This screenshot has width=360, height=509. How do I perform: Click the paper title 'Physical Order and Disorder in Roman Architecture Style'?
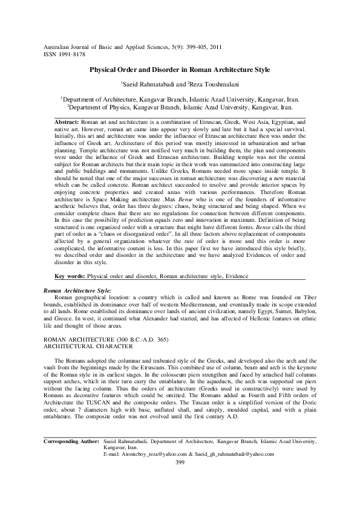coord(180,70)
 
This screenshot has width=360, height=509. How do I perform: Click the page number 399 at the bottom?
coord(179,462)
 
